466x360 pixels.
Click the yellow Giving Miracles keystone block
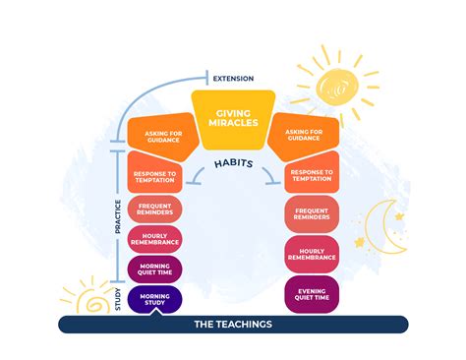click(232, 119)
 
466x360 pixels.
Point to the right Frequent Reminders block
click(312, 212)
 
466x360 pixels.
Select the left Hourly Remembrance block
click(155, 239)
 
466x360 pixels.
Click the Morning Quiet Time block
click(155, 270)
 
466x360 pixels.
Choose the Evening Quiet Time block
click(312, 293)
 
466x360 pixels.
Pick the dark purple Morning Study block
click(155, 299)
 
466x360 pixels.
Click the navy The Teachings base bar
click(232, 325)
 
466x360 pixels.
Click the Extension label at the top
click(232, 78)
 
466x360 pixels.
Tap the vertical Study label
click(117, 298)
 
